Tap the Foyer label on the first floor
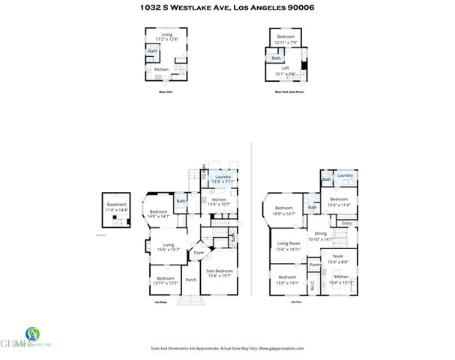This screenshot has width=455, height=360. click(x=199, y=253)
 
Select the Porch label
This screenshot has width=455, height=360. click(x=191, y=280)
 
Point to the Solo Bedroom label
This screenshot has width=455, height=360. click(x=219, y=272)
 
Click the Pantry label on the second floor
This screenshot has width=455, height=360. click(x=315, y=264)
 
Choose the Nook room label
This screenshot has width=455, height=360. click(x=339, y=259)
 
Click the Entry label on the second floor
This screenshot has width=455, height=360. click(x=346, y=223)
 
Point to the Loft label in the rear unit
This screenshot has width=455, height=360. click(x=285, y=70)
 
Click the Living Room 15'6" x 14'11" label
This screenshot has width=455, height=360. click(x=289, y=246)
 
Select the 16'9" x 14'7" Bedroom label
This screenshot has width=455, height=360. click(x=283, y=211)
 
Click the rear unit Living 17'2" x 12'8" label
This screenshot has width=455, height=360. click(x=162, y=36)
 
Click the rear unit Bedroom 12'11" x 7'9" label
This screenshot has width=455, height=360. click(x=286, y=39)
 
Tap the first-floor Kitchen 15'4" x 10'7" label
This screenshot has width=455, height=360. click(x=218, y=202)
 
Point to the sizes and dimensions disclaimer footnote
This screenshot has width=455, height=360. click(x=226, y=349)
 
